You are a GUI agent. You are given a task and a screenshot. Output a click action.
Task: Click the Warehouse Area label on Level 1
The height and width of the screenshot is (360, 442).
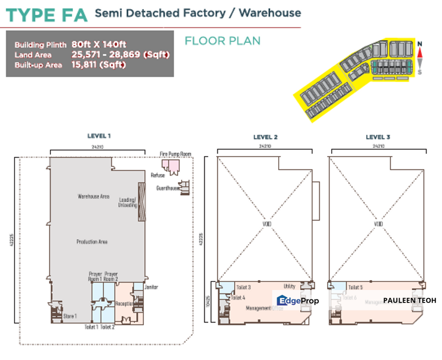93,196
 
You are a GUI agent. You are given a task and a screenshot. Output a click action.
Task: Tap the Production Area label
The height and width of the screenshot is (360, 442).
92,242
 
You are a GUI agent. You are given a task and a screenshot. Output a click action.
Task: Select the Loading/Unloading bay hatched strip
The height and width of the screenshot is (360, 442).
141,195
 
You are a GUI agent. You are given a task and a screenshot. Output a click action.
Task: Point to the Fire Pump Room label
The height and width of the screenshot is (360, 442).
175,153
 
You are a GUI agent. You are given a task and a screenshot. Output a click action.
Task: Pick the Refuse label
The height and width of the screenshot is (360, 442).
157,175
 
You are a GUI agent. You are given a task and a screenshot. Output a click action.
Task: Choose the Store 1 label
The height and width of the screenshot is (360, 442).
70,316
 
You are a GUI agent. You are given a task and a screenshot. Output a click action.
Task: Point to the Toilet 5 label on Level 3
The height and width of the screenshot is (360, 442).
355,287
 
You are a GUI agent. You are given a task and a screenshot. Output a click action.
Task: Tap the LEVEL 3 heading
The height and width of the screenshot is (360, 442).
378,137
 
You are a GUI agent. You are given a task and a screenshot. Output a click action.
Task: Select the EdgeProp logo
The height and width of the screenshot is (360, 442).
298,300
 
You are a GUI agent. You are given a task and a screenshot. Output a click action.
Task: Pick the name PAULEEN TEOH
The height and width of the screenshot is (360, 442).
410,300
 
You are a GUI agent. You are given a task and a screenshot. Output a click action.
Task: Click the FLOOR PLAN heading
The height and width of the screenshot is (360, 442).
222,40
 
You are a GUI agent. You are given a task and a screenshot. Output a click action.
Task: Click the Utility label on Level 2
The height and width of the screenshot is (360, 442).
289,286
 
